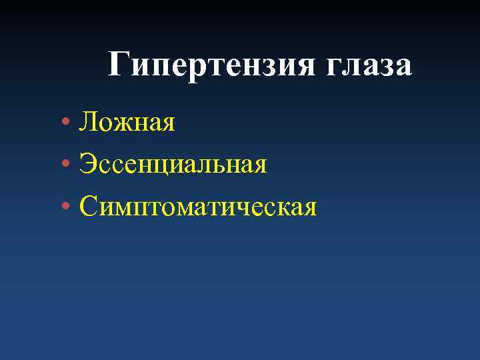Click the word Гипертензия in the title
[x=211, y=67]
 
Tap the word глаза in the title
[x=369, y=67]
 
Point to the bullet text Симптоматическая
[x=197, y=207]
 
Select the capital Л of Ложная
[x=89, y=122]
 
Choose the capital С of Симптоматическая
[x=88, y=207]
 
